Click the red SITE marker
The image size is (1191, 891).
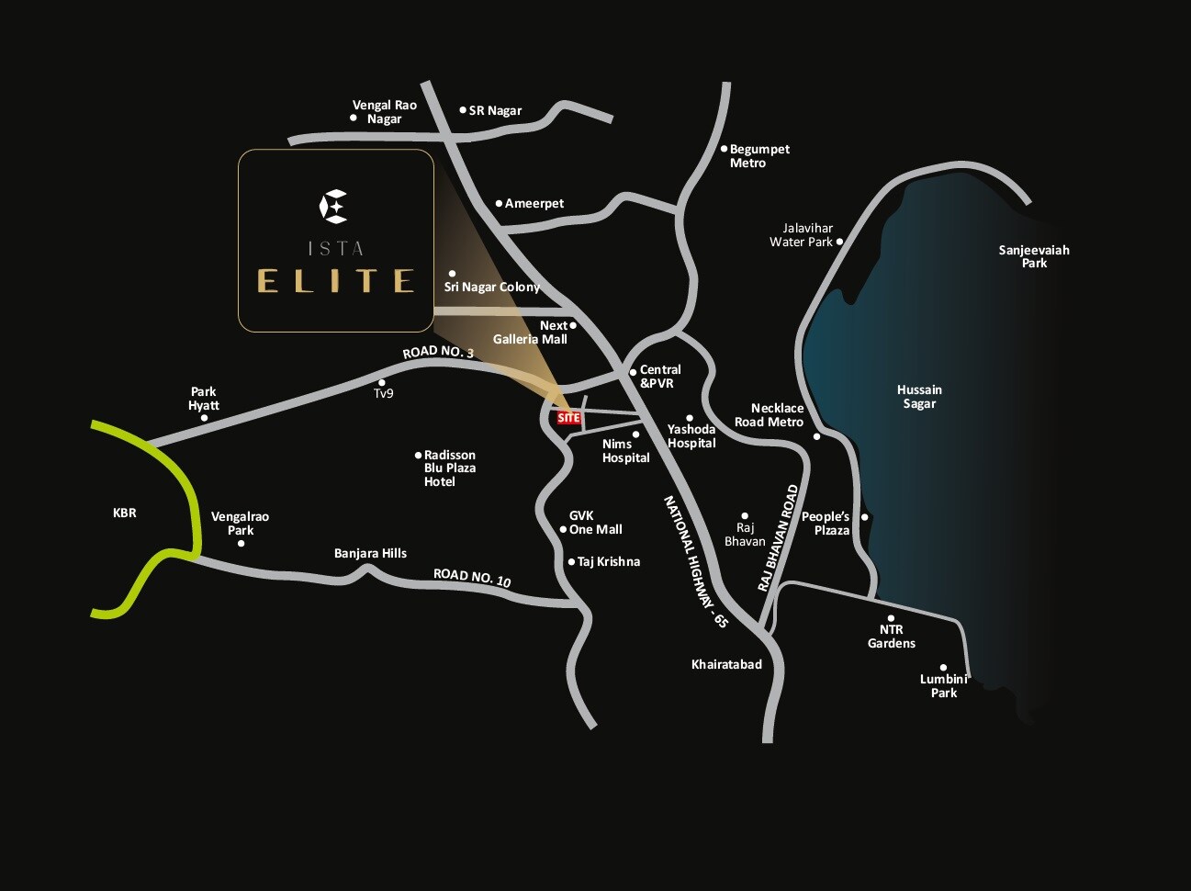pyautogui.click(x=568, y=418)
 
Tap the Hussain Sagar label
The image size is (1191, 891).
pyautogui.click(x=918, y=397)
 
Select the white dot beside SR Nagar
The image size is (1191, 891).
pyautogui.click(x=463, y=109)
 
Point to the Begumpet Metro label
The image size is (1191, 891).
pyautogui.click(x=758, y=155)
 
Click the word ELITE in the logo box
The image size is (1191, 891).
pyautogui.click(x=335, y=280)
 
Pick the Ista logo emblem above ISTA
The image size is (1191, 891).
pyautogui.click(x=333, y=206)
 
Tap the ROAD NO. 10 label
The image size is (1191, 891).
pyautogui.click(x=472, y=578)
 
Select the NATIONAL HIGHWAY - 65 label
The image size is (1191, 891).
pyautogui.click(x=695, y=561)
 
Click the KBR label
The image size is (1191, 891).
pyautogui.click(x=125, y=513)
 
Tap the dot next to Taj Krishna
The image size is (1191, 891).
pyautogui.click(x=571, y=561)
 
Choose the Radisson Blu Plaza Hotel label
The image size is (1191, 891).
pyautogui.click(x=449, y=468)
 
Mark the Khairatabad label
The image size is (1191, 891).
pyautogui.click(x=726, y=664)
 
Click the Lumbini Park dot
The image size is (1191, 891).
pyautogui.click(x=943, y=668)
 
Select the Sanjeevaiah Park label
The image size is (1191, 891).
pyautogui.click(x=1034, y=256)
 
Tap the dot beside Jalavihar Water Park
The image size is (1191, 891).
pyautogui.click(x=839, y=242)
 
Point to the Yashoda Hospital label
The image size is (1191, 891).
pyautogui.click(x=691, y=435)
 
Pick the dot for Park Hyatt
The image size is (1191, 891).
pyautogui.click(x=204, y=418)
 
